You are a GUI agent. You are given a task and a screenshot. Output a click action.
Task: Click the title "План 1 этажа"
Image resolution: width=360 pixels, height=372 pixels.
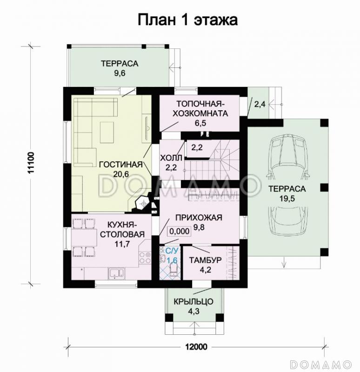click(x=187, y=20)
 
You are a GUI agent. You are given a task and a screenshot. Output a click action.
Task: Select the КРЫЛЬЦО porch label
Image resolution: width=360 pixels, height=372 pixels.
click(x=193, y=301)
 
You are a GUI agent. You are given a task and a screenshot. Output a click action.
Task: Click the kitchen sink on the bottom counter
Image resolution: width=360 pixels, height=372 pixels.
click(x=114, y=273)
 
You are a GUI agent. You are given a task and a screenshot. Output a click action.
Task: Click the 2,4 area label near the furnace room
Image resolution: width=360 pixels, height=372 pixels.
click(x=260, y=105)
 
